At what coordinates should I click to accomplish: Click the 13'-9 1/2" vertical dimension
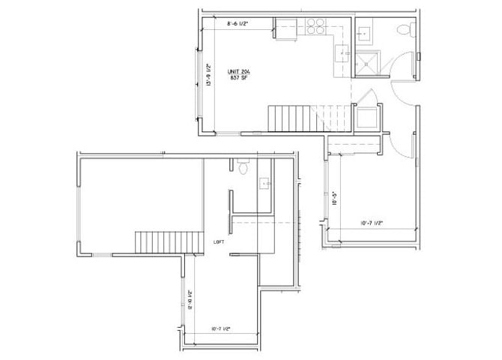(208, 73)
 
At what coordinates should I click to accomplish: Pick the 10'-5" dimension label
(333, 200)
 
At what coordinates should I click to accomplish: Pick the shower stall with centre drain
(367, 63)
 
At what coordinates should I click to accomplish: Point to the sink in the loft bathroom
(264, 183)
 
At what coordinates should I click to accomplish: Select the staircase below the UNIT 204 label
(289, 118)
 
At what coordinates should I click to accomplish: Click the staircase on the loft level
(170, 243)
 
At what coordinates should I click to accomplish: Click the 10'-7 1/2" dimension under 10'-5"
(372, 222)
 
